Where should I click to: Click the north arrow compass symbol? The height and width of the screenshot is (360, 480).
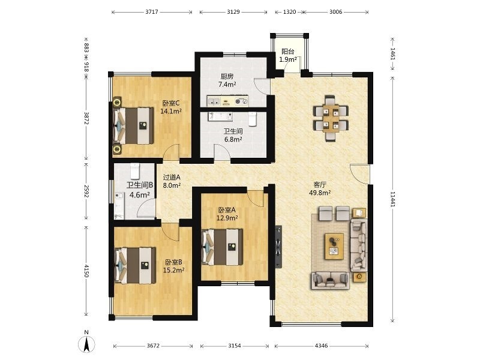coord(87,343)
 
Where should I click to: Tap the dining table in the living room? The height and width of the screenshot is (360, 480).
coord(331,118)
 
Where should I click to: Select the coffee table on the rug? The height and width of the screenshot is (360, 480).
coord(334,246)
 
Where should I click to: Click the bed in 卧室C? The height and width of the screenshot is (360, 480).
coord(133,125)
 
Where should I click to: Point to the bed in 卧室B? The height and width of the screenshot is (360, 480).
coord(135,265)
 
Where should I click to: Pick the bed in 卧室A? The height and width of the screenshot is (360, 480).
coord(222,247)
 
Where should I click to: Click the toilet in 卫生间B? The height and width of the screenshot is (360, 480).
coord(135,171)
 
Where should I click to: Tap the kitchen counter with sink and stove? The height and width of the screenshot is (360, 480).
coord(228,101)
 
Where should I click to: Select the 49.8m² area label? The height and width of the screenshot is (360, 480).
coord(320,193)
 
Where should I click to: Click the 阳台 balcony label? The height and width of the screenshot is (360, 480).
coord(288,52)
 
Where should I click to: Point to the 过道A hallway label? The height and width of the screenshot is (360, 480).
coord(172,177)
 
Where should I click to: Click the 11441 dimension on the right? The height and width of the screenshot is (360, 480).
coord(392,199)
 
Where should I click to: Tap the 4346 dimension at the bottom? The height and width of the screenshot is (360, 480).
coord(321,346)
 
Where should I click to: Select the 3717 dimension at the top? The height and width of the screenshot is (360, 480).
coord(152,12)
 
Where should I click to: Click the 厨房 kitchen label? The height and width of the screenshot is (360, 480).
coord(227,77)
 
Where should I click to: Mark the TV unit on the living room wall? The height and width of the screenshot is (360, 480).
coord(278,247)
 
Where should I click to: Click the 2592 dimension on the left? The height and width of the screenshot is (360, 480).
coord(86,191)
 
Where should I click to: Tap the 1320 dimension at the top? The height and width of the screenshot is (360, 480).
coord(289,12)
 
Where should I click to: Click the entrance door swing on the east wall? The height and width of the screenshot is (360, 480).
coord(360,174)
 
